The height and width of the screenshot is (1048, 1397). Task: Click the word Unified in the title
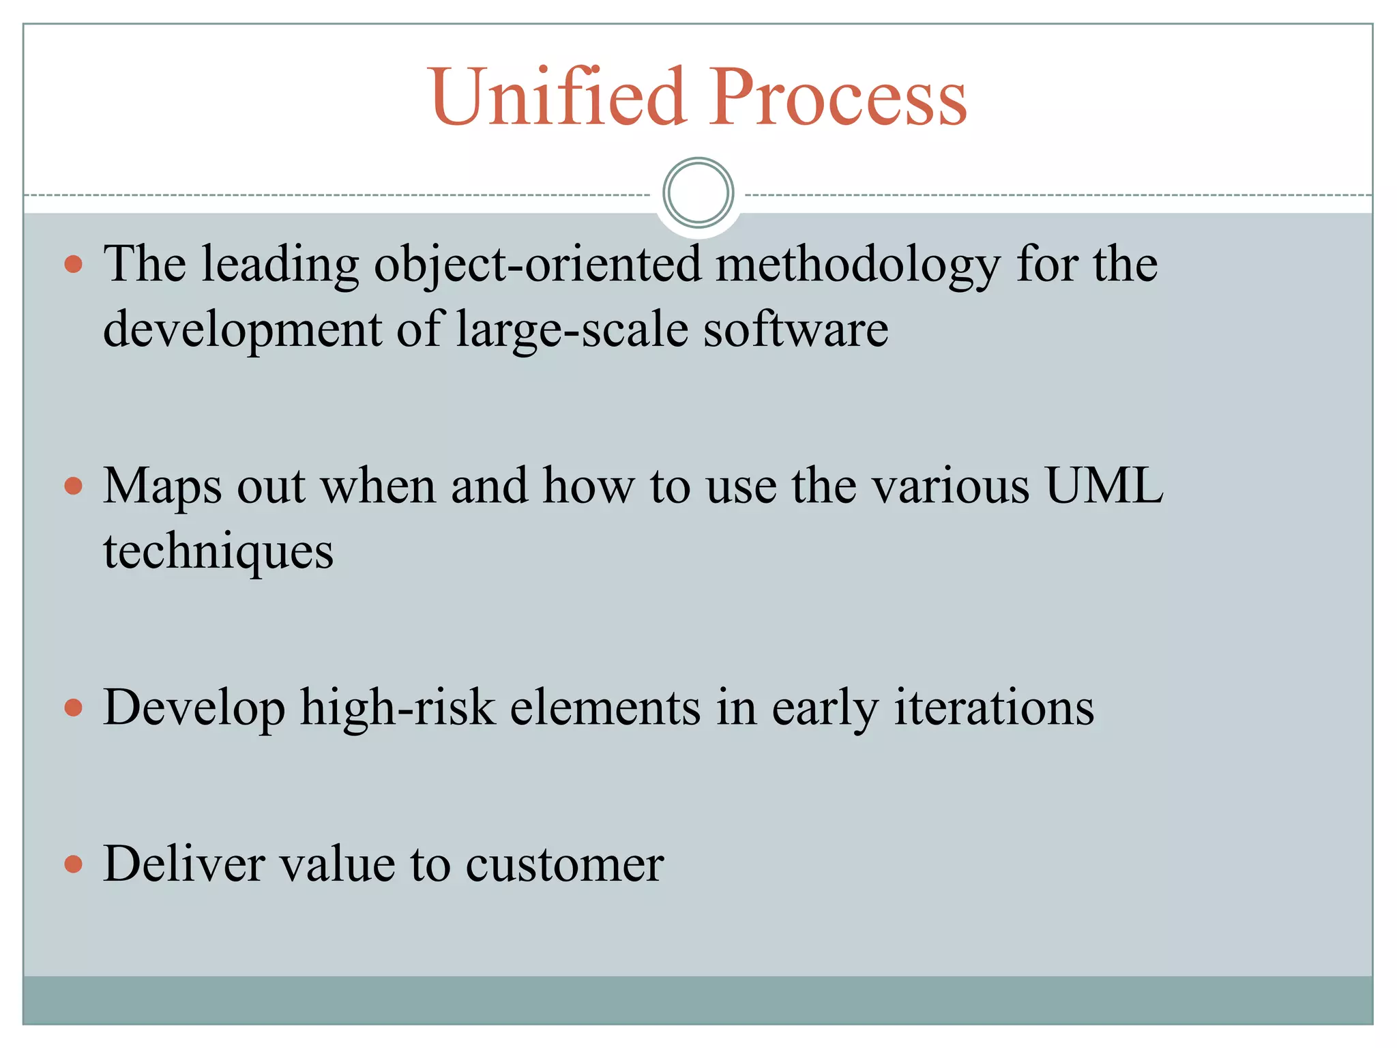[557, 97]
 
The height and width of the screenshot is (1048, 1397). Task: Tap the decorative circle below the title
[698, 193]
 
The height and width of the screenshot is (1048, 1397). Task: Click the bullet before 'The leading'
[74, 264]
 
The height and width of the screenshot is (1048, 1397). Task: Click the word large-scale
[572, 330]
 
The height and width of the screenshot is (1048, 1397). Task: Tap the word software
[795, 329]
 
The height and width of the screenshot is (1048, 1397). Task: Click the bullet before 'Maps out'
[74, 486]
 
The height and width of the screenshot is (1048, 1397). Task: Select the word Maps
[162, 487]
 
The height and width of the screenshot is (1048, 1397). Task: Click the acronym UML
[1104, 486]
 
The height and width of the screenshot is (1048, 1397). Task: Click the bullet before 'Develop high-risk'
[74, 708]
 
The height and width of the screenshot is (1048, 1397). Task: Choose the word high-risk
[397, 708]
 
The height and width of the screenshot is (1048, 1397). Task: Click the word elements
[605, 708]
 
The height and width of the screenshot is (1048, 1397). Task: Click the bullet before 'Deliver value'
[74, 864]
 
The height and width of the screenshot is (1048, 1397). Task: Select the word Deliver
[183, 864]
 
